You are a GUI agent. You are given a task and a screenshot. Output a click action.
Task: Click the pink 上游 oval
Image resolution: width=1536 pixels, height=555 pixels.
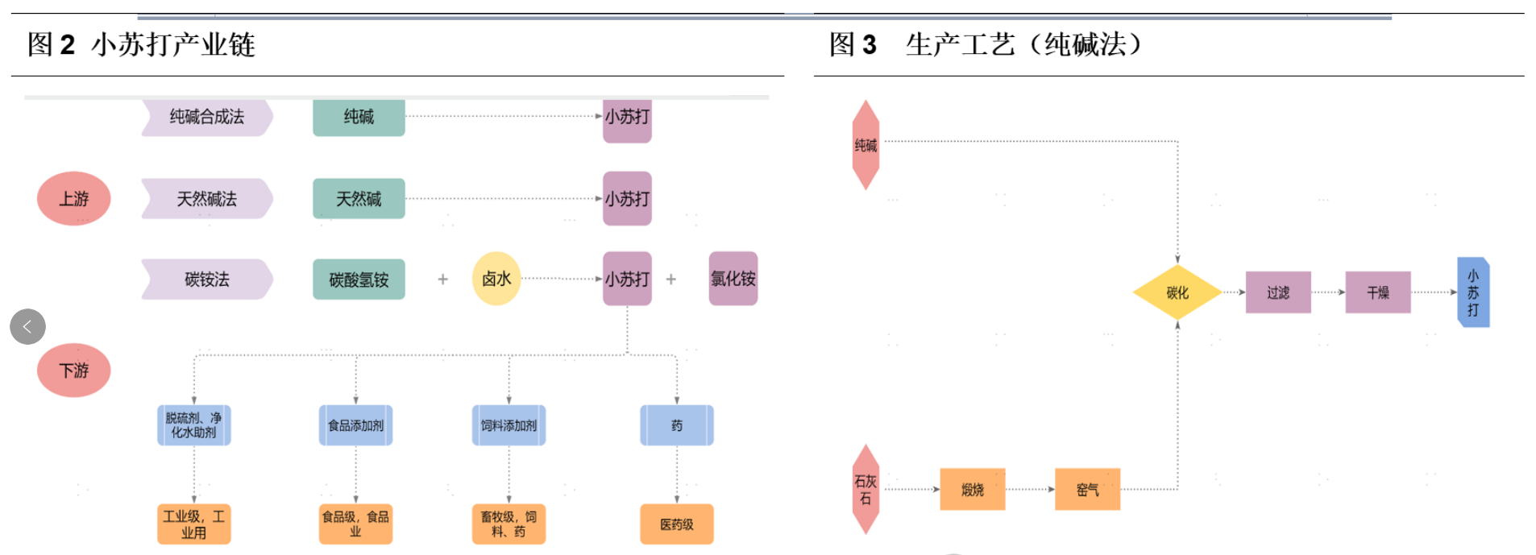point(73,198)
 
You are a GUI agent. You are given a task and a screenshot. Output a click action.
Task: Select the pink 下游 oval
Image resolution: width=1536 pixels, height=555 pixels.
point(73,370)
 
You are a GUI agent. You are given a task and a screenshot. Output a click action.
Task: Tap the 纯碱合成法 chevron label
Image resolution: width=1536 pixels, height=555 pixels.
point(207,117)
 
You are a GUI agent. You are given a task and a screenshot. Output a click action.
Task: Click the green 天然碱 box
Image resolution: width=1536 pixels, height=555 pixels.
point(359,198)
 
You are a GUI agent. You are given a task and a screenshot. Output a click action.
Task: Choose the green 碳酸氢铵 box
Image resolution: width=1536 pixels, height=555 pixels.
point(359,280)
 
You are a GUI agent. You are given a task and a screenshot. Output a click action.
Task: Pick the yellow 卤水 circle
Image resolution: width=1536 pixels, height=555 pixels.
point(496,279)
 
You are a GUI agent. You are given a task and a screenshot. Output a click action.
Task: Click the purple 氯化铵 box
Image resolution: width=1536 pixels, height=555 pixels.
point(733,279)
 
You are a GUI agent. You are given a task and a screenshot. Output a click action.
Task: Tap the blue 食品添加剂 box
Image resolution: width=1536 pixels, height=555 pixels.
point(355,425)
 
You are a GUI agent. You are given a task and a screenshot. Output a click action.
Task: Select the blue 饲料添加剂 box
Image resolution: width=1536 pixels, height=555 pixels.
point(509,425)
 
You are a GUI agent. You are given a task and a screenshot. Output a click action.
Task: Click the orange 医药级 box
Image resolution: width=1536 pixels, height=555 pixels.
point(676,524)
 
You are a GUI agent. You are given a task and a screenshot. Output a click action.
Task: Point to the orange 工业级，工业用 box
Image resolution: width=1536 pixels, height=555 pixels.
point(193,524)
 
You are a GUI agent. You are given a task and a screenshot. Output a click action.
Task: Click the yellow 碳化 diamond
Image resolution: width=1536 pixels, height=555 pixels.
point(1177,292)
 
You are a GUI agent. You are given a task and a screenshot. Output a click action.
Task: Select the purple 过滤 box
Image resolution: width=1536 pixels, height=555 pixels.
point(1278,292)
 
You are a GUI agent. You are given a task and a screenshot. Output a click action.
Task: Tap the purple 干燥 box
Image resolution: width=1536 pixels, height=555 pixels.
point(1378,292)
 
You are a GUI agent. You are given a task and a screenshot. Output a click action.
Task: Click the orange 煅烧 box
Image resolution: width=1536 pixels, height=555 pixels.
point(972,489)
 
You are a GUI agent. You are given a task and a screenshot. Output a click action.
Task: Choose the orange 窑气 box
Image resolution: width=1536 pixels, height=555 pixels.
point(1087,489)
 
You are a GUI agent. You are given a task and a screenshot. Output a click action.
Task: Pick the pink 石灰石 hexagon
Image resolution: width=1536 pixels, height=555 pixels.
point(866,489)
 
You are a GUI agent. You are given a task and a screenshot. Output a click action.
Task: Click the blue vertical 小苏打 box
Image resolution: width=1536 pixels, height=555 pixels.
point(1473,292)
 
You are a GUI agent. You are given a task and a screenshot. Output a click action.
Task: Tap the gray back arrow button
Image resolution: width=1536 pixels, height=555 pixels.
point(27,326)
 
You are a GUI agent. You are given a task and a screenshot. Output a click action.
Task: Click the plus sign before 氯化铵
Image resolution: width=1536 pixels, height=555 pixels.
point(670,280)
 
